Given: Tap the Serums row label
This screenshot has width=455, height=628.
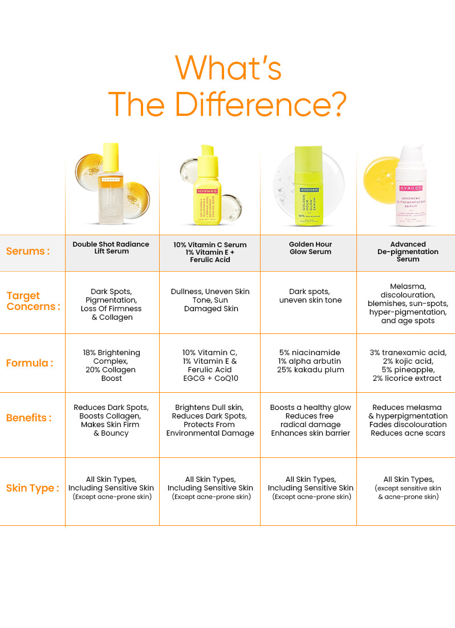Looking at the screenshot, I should [x=28, y=251].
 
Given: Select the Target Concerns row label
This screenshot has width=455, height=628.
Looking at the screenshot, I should [x=33, y=301].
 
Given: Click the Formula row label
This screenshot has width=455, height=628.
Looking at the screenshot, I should [x=30, y=363].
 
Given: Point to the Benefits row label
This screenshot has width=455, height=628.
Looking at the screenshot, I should [x=29, y=417].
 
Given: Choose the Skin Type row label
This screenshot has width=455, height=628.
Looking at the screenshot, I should [x=32, y=488].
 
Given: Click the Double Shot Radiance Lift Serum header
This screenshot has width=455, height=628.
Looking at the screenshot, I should [x=111, y=248].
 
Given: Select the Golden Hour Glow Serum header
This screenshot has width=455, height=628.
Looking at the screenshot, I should [x=311, y=248].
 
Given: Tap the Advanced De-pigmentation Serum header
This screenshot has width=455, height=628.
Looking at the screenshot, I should [x=408, y=252].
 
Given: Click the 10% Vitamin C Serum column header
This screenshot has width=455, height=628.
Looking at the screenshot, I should [x=210, y=252].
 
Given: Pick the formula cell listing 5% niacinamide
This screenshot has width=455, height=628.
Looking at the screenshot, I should [x=311, y=361].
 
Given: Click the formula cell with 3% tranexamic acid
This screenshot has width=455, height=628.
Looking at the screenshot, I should [x=408, y=365].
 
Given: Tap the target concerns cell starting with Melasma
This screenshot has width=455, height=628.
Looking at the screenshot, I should [x=408, y=304].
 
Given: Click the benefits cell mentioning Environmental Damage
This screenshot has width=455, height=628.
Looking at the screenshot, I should [x=210, y=420].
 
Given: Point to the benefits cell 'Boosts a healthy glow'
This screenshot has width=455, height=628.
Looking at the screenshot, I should [x=311, y=420].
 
